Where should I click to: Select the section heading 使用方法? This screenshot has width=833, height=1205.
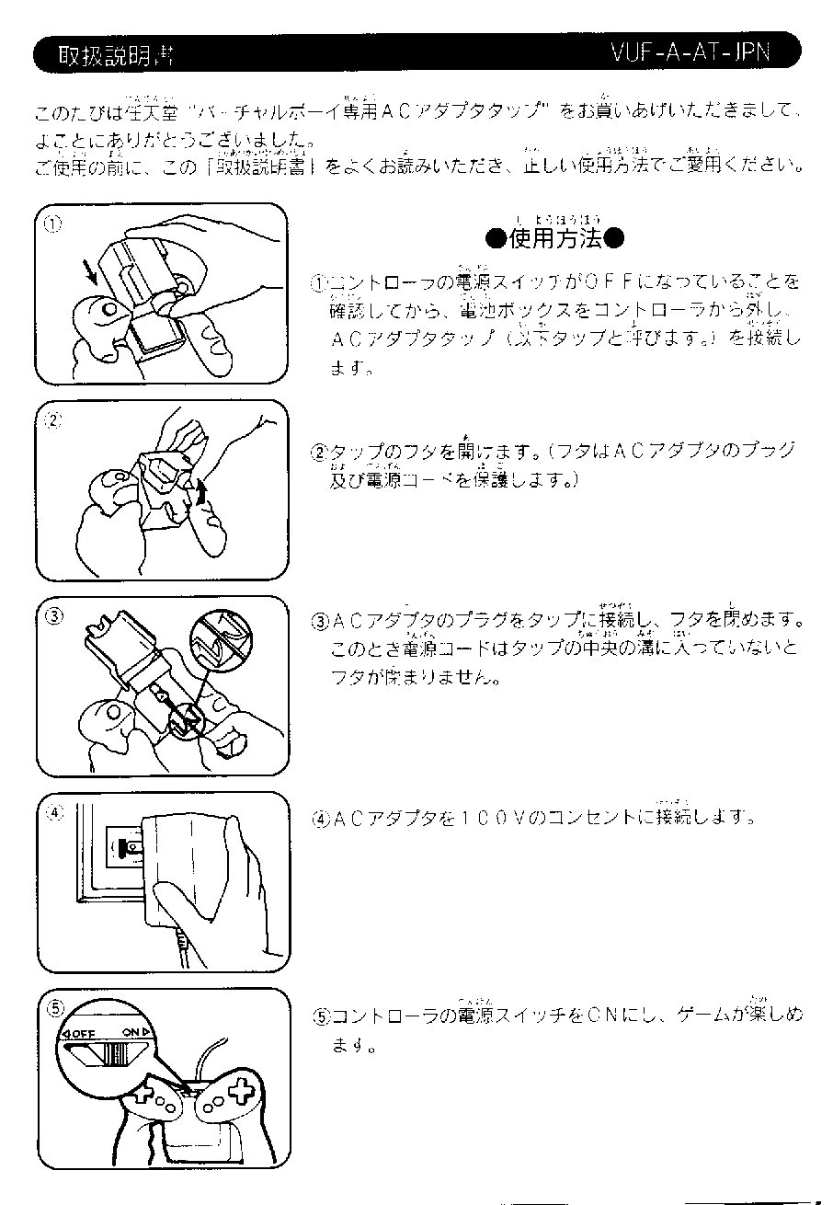coord(555,239)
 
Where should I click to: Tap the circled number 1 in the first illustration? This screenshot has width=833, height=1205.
coord(54,224)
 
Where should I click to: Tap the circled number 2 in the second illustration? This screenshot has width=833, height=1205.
coord(54,420)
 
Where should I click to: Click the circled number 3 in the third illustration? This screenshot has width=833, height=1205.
coord(54,616)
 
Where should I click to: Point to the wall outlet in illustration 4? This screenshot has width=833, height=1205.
coord(127,844)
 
